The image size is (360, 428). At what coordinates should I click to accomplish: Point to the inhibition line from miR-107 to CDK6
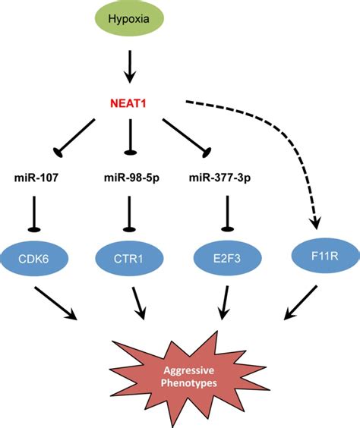coord(39,214)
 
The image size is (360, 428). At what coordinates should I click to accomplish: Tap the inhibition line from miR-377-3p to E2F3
coord(224,214)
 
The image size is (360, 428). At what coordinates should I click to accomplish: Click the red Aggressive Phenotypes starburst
coord(182,372)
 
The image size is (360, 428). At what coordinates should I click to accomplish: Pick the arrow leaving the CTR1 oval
coord(139,302)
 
